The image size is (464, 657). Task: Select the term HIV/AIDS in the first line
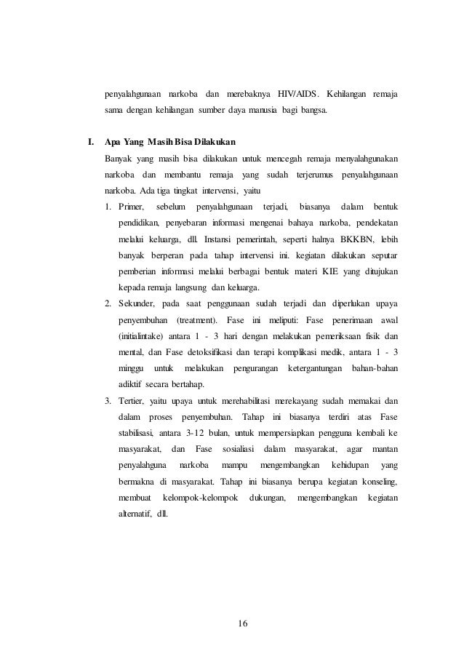(295, 94)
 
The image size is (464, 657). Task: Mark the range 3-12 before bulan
(201, 434)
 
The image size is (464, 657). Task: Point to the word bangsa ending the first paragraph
(312, 111)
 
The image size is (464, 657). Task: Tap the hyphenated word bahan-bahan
(374, 368)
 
